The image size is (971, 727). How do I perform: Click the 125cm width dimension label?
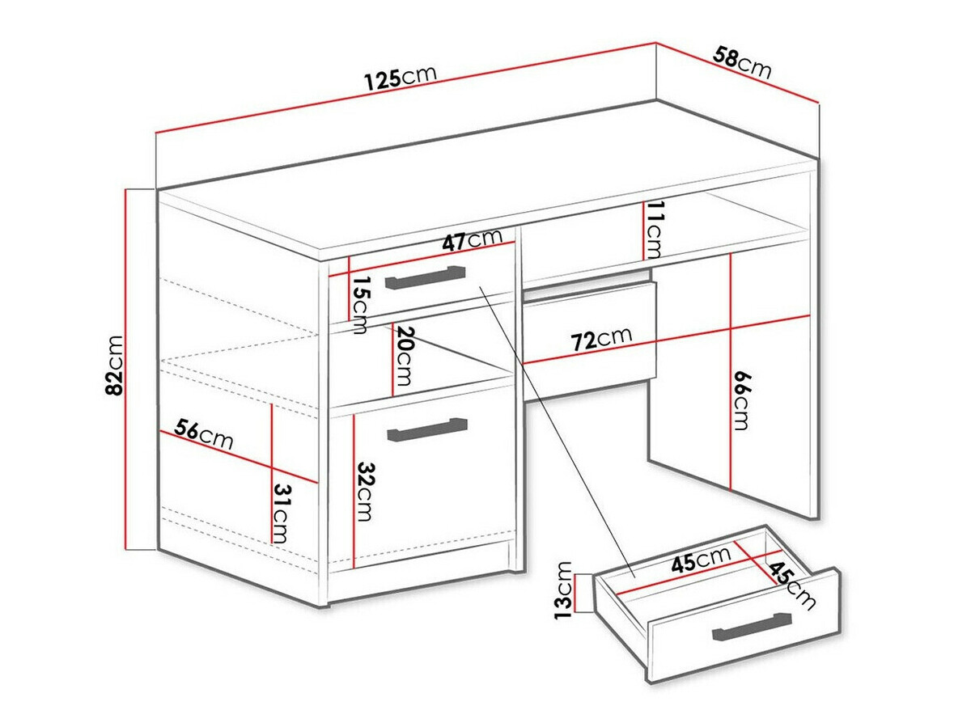[400, 77]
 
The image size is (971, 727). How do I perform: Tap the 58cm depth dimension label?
[742, 64]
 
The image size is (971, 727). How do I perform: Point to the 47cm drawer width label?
[472, 240]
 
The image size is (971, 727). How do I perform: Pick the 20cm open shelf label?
[405, 357]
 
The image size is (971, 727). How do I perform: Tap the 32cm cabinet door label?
[366, 491]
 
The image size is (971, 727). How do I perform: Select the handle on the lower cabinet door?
[427, 430]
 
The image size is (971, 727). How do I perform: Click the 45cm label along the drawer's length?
[702, 560]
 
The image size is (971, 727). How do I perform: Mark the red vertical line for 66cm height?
[731, 372]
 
